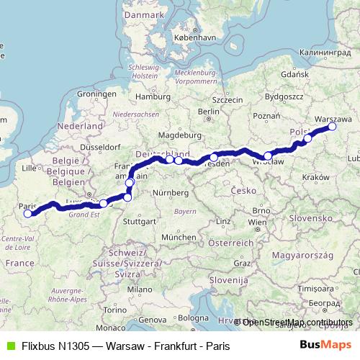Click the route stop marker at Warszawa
333,127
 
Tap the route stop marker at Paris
28,213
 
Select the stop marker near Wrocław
268,156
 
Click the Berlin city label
208,111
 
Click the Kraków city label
316,177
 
